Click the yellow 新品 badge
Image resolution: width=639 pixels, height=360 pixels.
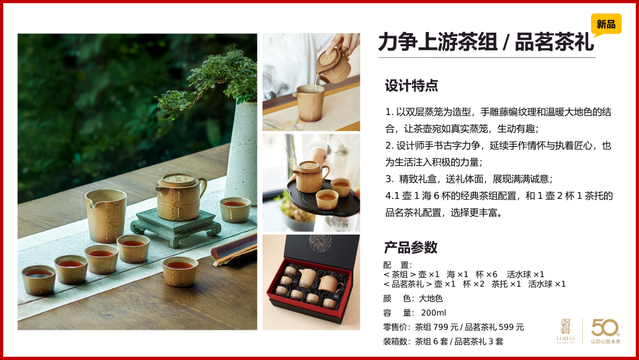(x=606, y=24)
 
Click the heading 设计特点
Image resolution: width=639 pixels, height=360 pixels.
(x=412, y=86)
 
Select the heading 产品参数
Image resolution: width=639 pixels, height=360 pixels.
(x=411, y=247)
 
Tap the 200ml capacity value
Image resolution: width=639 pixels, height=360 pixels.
(x=434, y=313)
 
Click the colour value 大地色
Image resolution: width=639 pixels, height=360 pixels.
(x=431, y=298)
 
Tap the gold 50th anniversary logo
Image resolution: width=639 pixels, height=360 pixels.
(x=606, y=330)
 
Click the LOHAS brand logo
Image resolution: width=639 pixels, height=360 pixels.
(x=565, y=330)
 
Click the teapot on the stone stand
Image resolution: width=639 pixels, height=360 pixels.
(x=180, y=197)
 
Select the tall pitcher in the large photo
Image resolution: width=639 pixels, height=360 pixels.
(x=106, y=215)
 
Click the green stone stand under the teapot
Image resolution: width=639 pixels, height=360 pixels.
(x=176, y=227)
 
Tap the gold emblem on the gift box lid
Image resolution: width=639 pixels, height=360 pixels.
(x=320, y=243)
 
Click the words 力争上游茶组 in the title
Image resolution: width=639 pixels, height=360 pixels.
(x=438, y=42)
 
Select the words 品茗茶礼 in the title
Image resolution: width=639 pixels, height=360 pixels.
(x=554, y=42)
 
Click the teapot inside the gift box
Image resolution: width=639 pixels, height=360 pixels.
(x=329, y=284)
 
